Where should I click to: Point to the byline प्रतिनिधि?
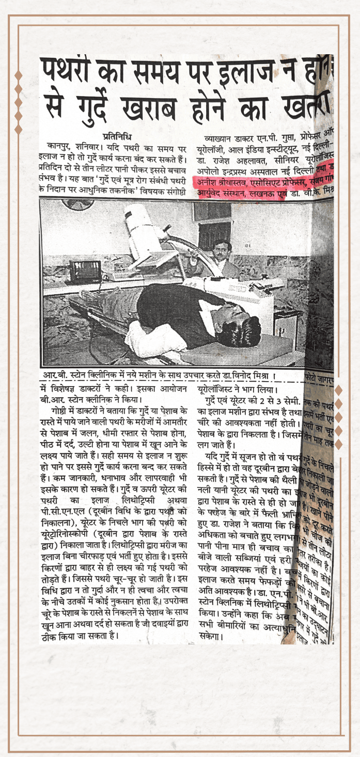pyautogui.click(x=117, y=137)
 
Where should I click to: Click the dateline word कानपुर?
pyautogui.click(x=60, y=148)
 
